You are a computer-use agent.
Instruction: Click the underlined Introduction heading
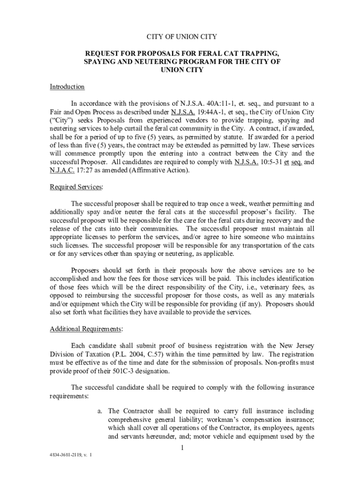coord(67,87)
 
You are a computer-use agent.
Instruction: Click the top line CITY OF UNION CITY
coord(182,36)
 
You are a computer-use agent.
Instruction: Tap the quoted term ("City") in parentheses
coord(61,121)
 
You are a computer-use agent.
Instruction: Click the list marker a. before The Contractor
coord(100,411)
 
